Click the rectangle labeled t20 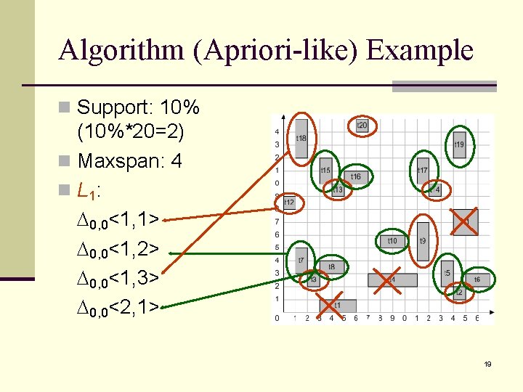[361, 126]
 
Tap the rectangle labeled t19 [459, 144]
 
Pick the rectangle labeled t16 [355, 176]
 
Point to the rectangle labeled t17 [422, 171]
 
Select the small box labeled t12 [289, 202]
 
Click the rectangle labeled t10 [392, 240]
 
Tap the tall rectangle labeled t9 [423, 240]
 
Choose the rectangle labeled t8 [331, 267]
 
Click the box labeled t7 [301, 259]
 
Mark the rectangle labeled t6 [477, 279]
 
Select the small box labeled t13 [338, 189]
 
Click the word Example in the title [420, 51]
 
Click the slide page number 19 [488, 364]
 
